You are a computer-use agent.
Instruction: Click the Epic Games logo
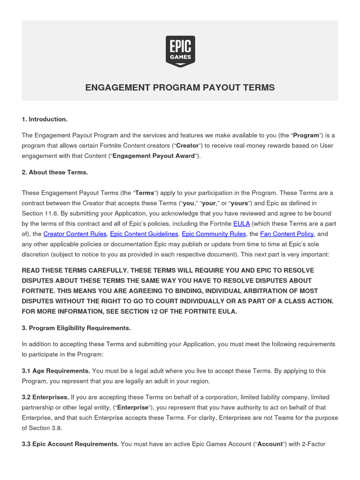click(180, 51)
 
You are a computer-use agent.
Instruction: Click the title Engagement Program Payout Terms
click(180, 88)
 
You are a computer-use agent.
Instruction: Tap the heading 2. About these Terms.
click(55, 172)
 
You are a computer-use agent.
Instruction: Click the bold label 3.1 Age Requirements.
click(56, 371)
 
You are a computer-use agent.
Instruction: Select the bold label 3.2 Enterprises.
click(45, 397)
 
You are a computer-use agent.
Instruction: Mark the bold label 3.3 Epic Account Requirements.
click(70, 444)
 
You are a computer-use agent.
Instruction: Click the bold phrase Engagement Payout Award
click(154, 156)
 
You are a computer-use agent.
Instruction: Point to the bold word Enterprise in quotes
click(133, 407)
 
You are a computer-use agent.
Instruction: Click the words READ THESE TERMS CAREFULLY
click(75, 270)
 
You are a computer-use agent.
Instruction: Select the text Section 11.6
click(39, 213)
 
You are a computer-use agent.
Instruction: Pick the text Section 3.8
click(49, 428)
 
